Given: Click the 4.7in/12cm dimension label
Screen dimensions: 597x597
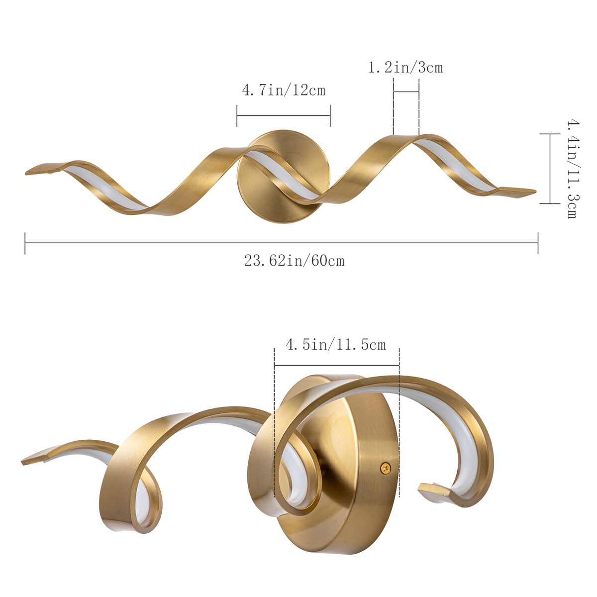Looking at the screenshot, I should (x=284, y=91).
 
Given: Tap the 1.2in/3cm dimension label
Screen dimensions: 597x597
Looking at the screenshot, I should (x=405, y=67).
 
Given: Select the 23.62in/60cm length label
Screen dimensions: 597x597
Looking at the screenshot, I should (x=294, y=260).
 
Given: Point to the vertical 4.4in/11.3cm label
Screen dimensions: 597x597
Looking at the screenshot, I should (x=572, y=169).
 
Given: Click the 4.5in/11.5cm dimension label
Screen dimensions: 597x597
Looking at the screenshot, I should (x=336, y=345).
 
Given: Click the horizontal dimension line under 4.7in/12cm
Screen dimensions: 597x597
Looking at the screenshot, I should (x=284, y=115).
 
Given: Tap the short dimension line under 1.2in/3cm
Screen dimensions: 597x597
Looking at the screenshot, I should (x=406, y=92).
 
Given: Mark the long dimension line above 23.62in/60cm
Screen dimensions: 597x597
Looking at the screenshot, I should (x=281, y=243).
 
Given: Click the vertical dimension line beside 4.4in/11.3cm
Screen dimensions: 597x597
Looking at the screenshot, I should (x=550, y=169).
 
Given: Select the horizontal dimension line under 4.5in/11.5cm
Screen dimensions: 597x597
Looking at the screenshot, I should (x=336, y=365).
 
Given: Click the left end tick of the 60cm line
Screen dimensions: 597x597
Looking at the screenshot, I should (x=25, y=243).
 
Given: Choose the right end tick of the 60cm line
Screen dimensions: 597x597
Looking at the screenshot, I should (x=538, y=243).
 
